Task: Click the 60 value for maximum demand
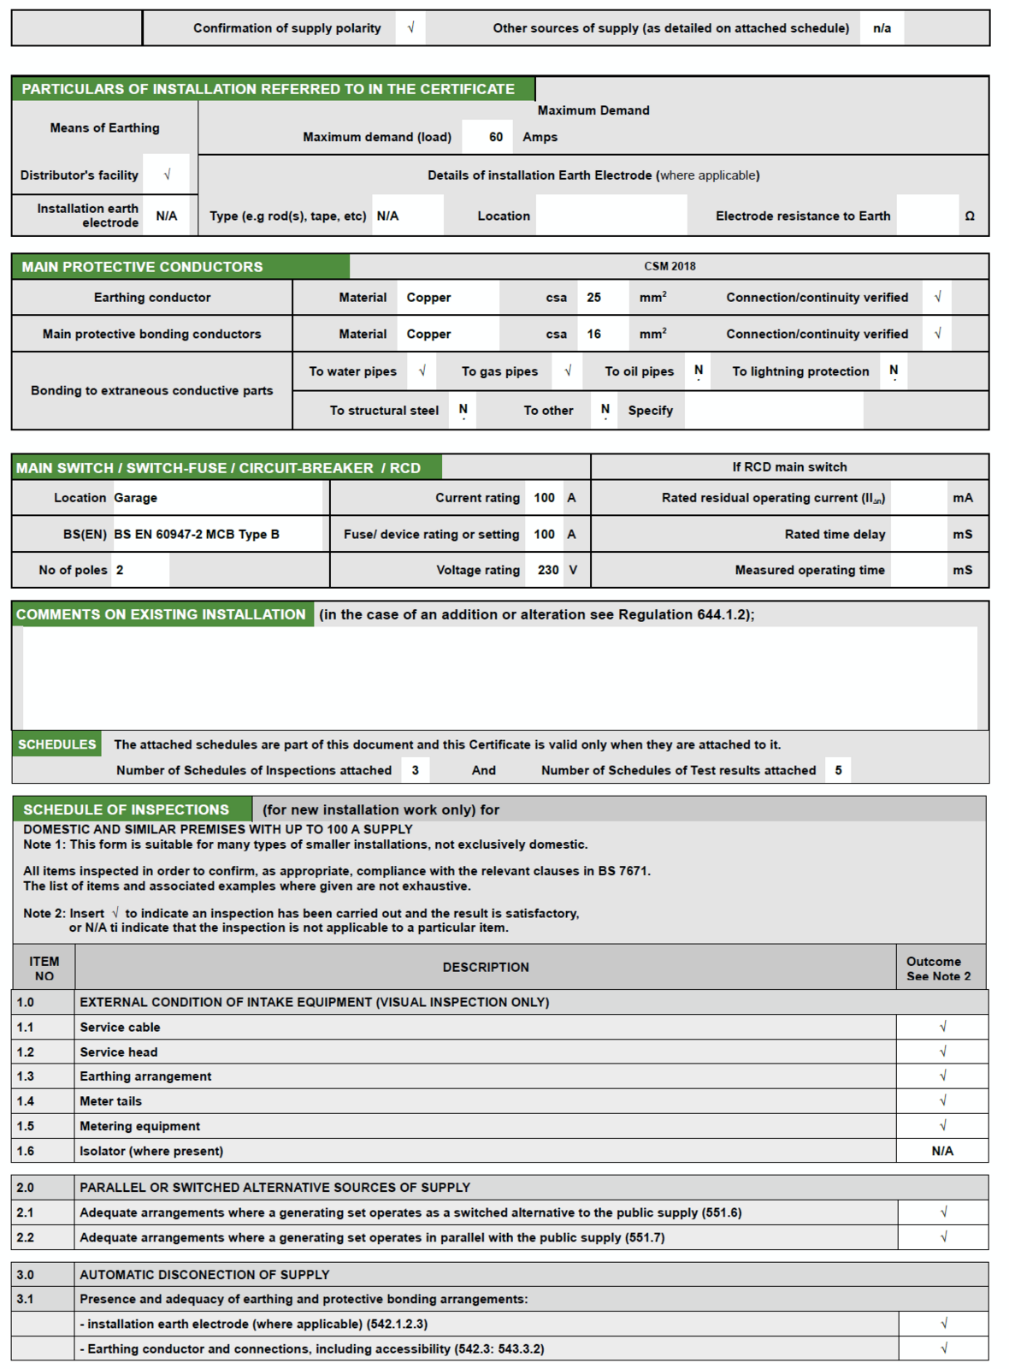coord(496,137)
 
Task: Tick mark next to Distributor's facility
coord(167,175)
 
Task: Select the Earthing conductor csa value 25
coord(594,298)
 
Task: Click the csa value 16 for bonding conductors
coord(594,335)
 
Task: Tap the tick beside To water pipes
coord(422,371)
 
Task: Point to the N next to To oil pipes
coord(699,370)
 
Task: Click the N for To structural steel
coord(463,410)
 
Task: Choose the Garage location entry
coord(136,498)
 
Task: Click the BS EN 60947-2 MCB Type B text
coord(197,535)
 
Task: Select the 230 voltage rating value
coord(548,570)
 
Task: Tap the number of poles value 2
coord(120,570)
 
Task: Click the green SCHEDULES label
coord(57,744)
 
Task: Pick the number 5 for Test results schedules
coord(838,770)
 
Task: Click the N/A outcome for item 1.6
coord(942,1152)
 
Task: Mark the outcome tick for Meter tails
coord(943,1101)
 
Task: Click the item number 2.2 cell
coord(26,1237)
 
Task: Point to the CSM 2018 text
coord(670,266)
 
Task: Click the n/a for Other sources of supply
coord(882,28)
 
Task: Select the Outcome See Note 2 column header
coord(938,969)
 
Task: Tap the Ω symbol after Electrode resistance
coord(970,216)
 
